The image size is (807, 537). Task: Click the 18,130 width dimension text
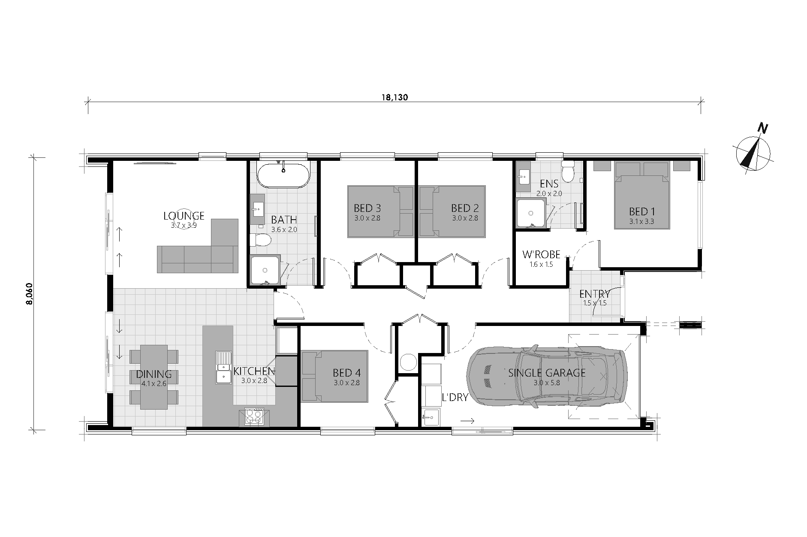pyautogui.click(x=394, y=97)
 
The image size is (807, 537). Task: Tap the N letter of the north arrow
pyautogui.click(x=762, y=128)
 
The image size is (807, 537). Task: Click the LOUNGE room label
pyautogui.click(x=184, y=216)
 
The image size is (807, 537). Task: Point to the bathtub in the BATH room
pyautogui.click(x=283, y=175)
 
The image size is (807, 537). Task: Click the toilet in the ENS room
pyautogui.click(x=569, y=172)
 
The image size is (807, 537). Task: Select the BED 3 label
pyautogui.click(x=367, y=208)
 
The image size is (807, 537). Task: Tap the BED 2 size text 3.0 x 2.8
pyautogui.click(x=465, y=218)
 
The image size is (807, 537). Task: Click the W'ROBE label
pyautogui.click(x=541, y=255)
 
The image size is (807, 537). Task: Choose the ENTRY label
pyautogui.click(x=594, y=294)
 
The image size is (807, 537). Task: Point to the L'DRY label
pyautogui.click(x=455, y=398)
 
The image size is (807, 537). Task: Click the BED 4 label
pyautogui.click(x=346, y=373)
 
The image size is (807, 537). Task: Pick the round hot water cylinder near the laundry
pyautogui.click(x=408, y=362)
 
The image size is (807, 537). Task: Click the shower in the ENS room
pyautogui.click(x=531, y=213)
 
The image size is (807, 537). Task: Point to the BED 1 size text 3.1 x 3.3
pyautogui.click(x=641, y=222)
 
